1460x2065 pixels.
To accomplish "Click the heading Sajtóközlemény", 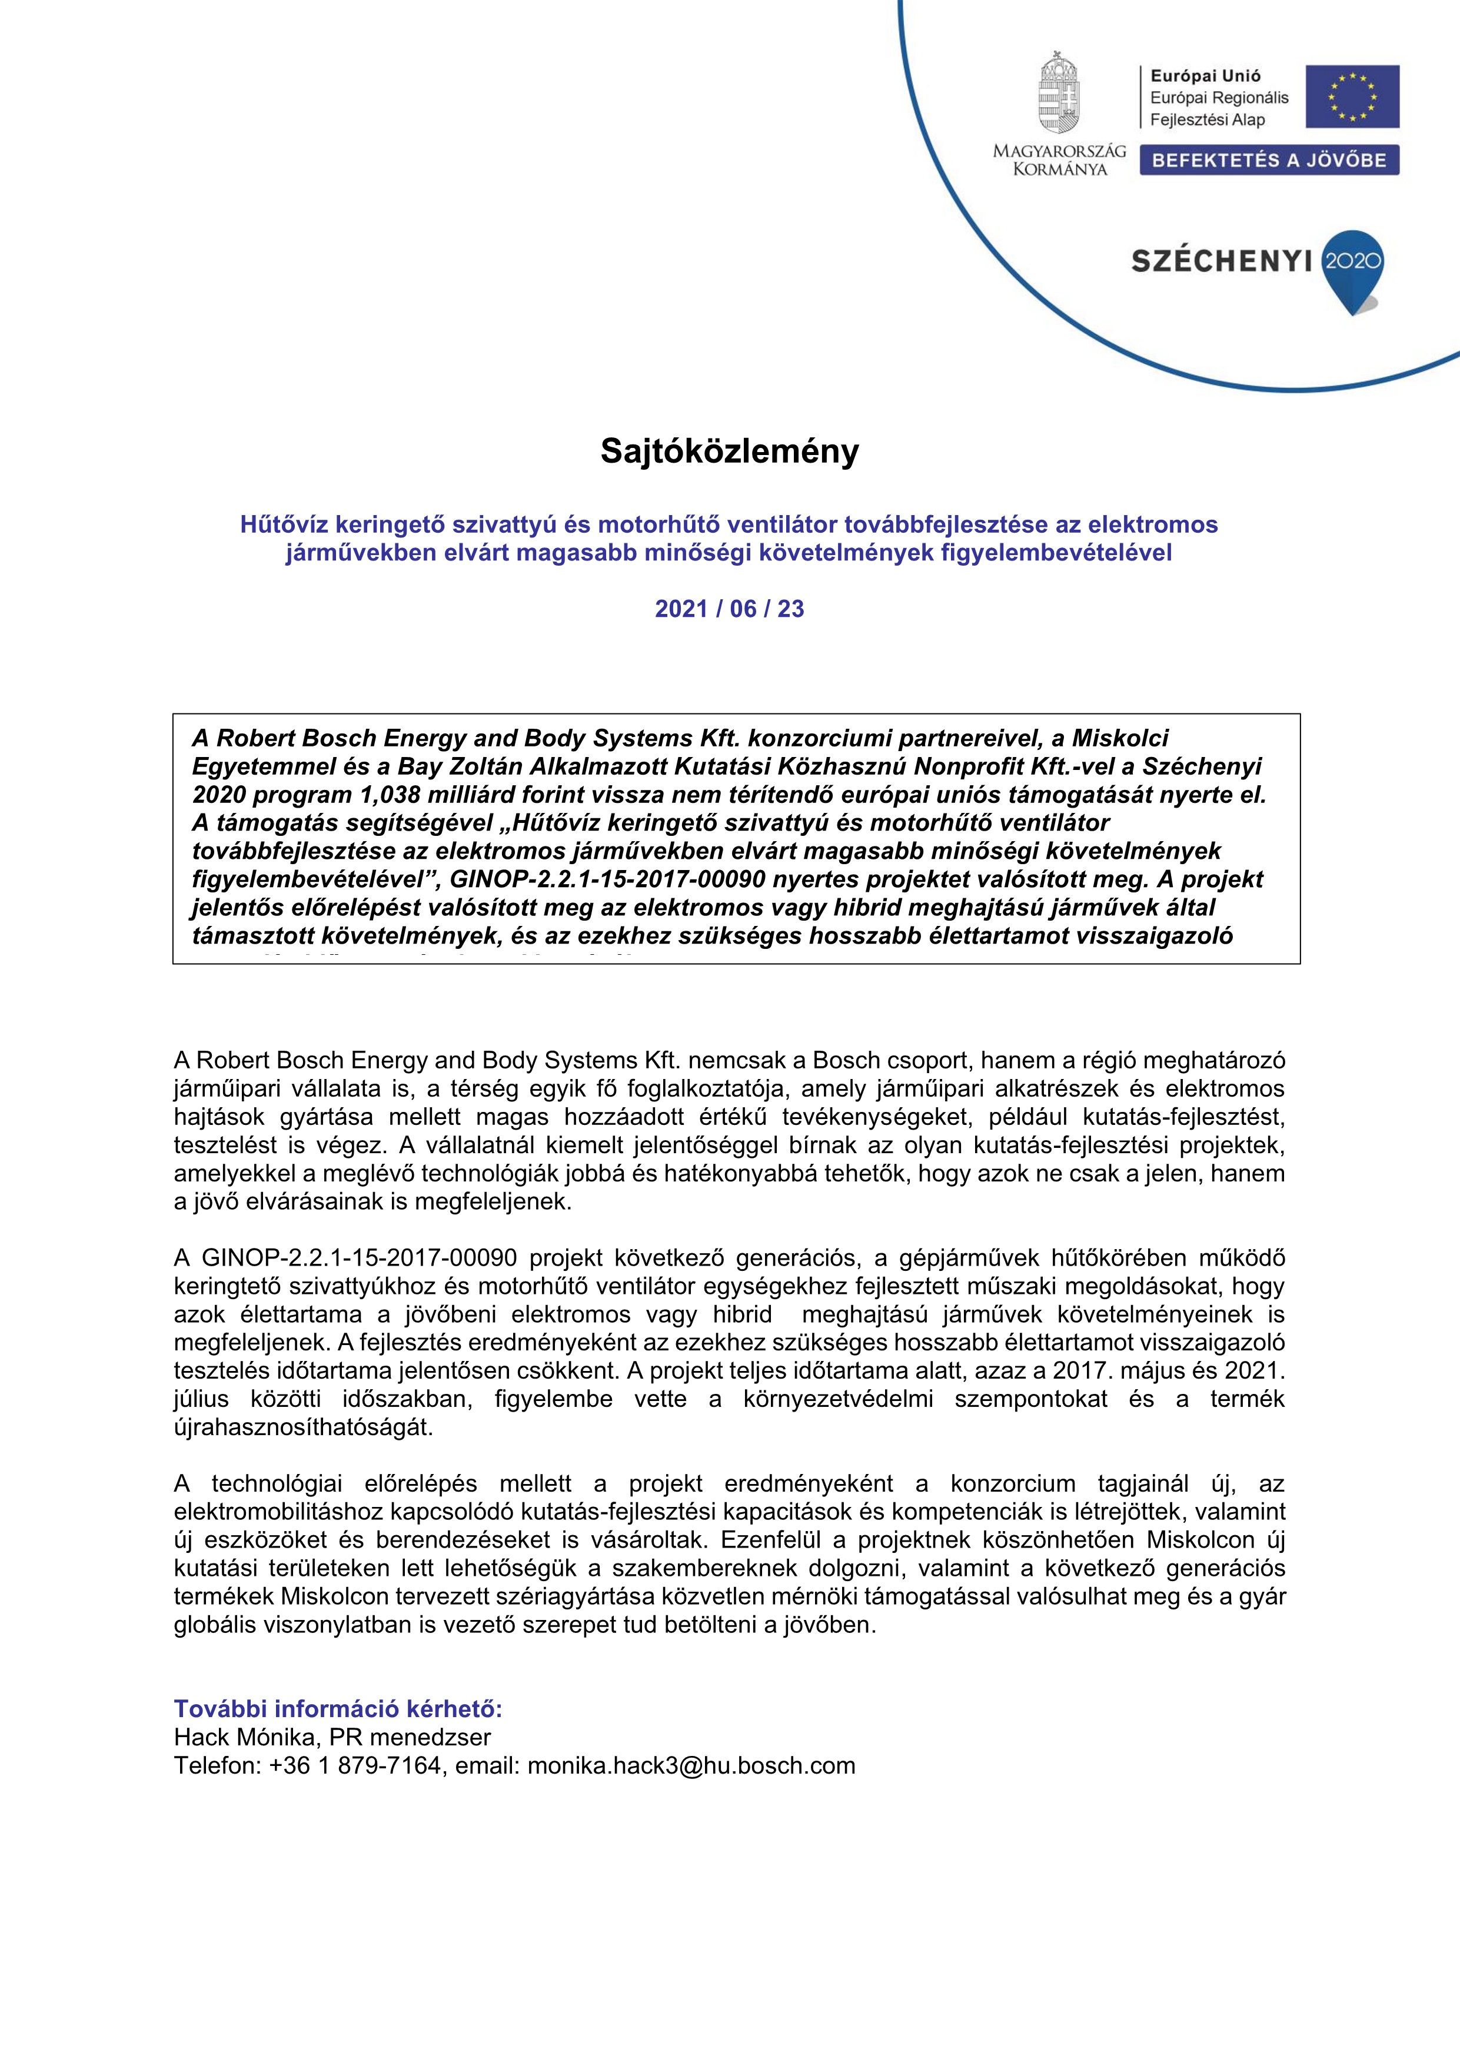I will click(x=729, y=451).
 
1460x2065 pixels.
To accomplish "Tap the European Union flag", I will click(x=1352, y=96).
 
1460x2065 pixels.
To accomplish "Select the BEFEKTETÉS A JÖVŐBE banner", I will click(x=1269, y=161).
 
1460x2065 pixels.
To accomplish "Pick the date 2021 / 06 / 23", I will click(x=729, y=609).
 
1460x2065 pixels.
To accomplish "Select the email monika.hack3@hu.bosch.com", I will click(x=690, y=1765).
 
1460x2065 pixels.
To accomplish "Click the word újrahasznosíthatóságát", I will click(x=303, y=1427).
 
